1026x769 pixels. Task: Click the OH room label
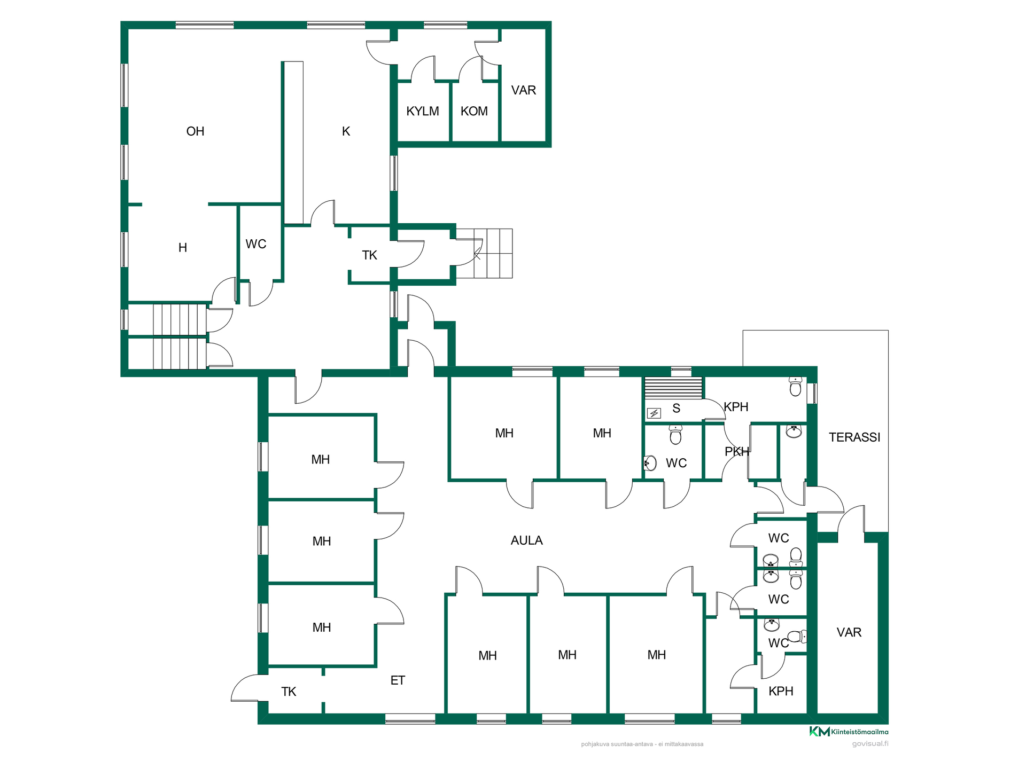pyautogui.click(x=195, y=131)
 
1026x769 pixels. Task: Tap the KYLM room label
pyautogui.click(x=423, y=111)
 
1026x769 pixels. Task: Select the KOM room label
pyautogui.click(x=474, y=111)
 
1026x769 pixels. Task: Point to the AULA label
pyautogui.click(x=526, y=540)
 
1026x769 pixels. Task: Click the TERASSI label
pyautogui.click(x=854, y=437)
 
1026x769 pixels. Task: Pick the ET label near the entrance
pyautogui.click(x=398, y=680)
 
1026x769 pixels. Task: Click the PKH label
pyautogui.click(x=736, y=452)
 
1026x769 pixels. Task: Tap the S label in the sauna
pyautogui.click(x=677, y=409)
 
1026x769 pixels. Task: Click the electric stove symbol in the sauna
pyautogui.click(x=654, y=413)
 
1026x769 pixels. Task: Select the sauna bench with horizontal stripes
pyautogui.click(x=673, y=388)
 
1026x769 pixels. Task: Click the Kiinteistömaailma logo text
pyautogui.click(x=860, y=732)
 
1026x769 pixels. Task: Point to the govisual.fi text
pyautogui.click(x=870, y=743)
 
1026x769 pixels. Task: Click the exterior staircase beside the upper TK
pyautogui.click(x=485, y=253)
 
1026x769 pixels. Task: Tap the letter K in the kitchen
pyautogui.click(x=346, y=131)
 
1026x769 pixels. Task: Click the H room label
pyautogui.click(x=183, y=248)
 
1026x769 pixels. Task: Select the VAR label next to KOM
pyautogui.click(x=524, y=90)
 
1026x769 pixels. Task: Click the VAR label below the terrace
pyautogui.click(x=849, y=632)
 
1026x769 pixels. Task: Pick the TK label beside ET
pyautogui.click(x=289, y=692)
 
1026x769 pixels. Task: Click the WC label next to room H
pyautogui.click(x=256, y=244)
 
